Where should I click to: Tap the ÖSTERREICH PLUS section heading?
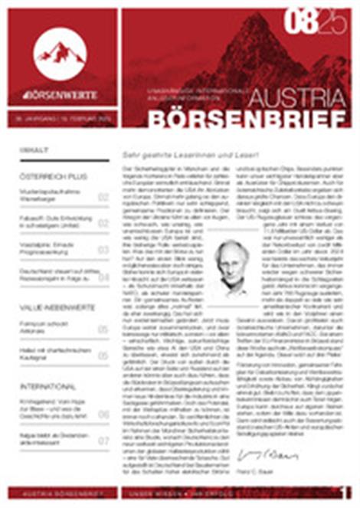[51, 176]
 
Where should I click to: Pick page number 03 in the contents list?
[103, 249]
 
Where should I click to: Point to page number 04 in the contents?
[103, 277]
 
